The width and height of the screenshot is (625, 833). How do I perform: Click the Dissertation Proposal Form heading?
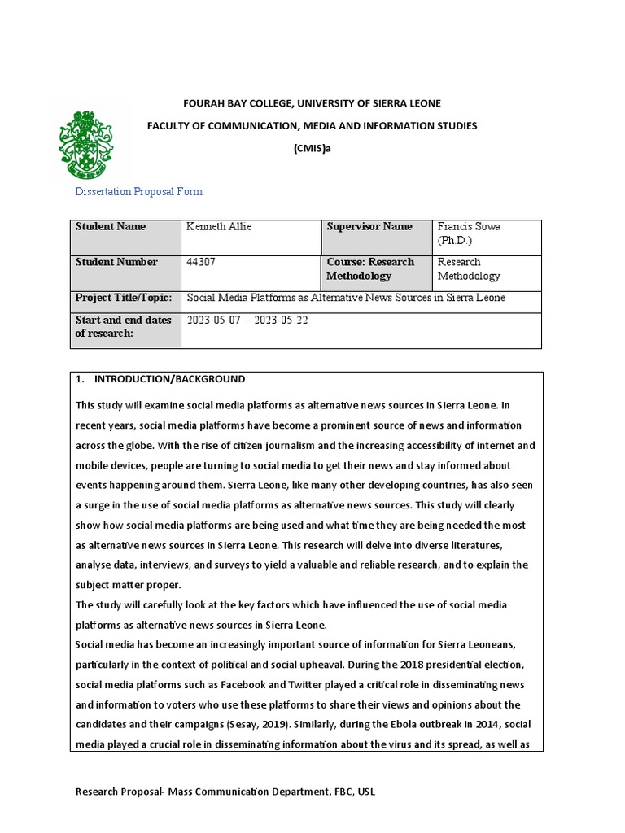(138, 192)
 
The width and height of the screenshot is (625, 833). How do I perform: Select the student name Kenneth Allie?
(220, 227)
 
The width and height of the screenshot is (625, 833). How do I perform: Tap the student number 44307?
(202, 262)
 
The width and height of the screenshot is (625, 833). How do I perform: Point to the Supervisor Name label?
(369, 227)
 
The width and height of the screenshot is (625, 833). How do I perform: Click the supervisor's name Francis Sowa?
(470, 227)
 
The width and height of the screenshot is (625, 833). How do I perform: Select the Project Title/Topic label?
(124, 298)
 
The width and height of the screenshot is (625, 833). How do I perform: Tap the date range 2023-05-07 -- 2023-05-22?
(247, 320)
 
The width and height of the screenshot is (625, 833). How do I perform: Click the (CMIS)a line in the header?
(312, 149)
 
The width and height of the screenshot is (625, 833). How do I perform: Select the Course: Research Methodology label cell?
(370, 269)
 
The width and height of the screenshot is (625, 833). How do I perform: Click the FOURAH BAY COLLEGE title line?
(312, 103)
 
